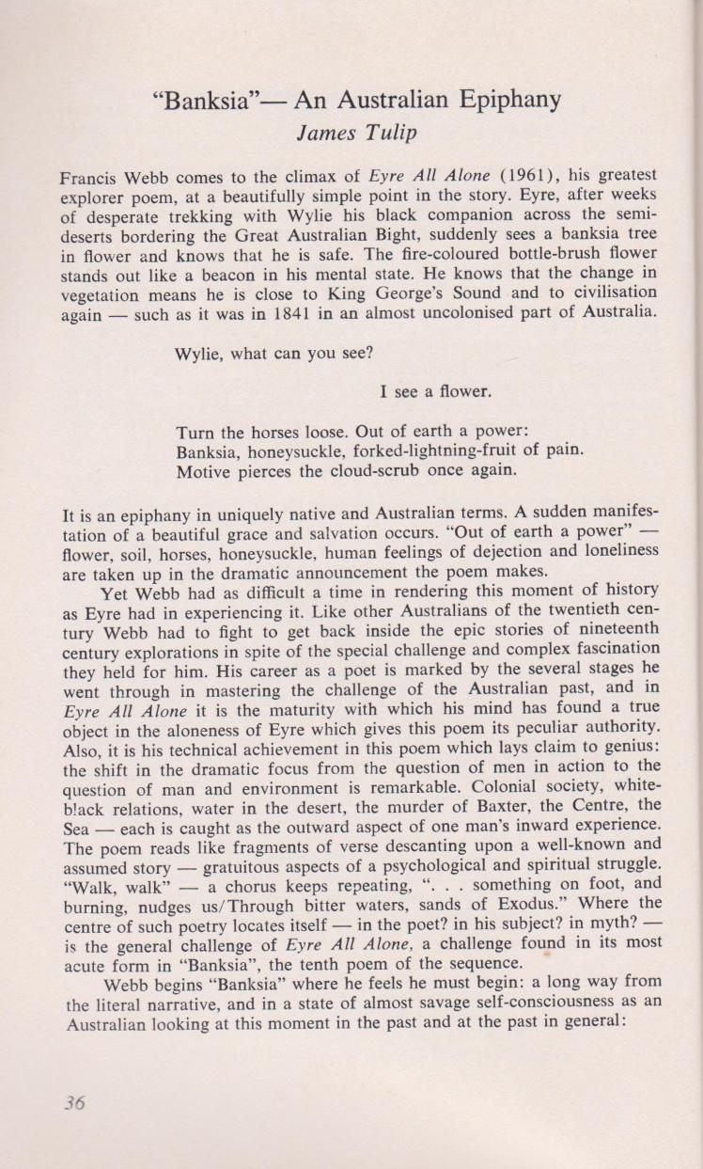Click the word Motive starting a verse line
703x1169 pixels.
204,473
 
